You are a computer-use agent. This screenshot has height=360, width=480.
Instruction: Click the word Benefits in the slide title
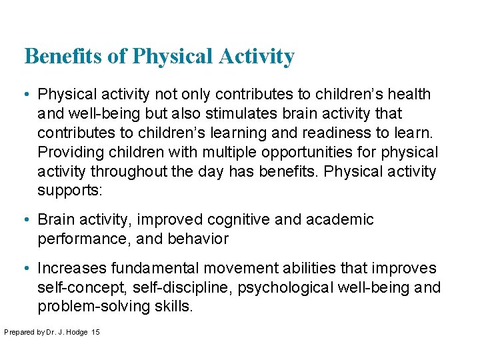tap(65, 57)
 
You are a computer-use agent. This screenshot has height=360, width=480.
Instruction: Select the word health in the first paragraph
tap(406, 95)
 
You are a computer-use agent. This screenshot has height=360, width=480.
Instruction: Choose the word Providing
tap(69, 153)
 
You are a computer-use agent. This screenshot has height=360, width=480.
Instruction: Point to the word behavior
tap(199, 239)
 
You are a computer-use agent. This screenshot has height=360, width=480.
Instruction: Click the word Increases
tap(72, 269)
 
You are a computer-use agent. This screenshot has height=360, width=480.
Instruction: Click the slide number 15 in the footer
tap(95, 332)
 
